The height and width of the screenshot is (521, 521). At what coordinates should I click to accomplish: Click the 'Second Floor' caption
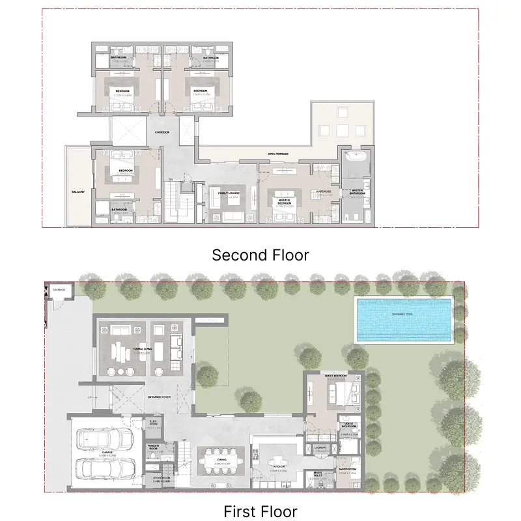coord(260,255)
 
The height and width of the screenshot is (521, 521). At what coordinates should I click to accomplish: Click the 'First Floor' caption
coord(260,511)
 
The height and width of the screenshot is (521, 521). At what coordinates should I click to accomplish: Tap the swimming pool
coord(404,319)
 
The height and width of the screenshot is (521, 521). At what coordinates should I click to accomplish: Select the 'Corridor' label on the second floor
coord(162,132)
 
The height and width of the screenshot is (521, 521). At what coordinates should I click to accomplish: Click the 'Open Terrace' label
coord(278,154)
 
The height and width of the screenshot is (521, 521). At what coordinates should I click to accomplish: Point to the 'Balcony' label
coord(79,193)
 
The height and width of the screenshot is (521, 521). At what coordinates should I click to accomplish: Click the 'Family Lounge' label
coord(229,193)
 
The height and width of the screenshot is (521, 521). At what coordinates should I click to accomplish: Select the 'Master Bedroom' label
coord(284,201)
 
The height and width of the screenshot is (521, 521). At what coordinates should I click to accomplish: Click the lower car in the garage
coord(104,468)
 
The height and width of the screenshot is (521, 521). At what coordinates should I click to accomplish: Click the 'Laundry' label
coord(320,447)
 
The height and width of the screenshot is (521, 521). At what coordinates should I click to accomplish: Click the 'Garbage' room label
coord(59,289)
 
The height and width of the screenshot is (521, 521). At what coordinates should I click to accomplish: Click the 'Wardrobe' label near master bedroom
coord(324,191)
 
